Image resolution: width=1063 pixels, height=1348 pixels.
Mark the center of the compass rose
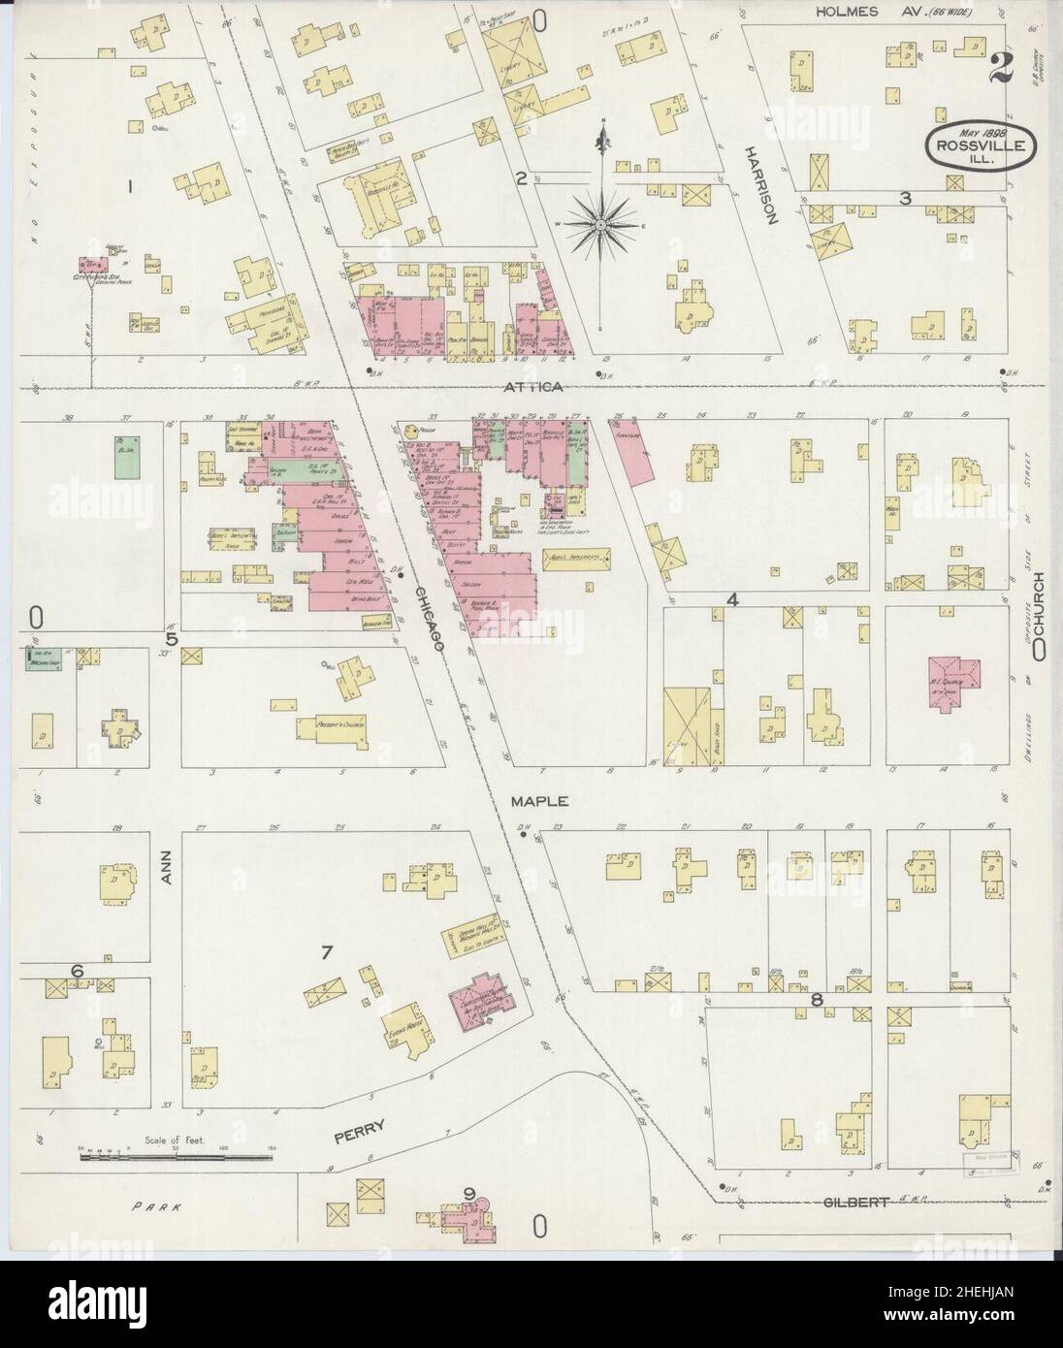[x=601, y=225]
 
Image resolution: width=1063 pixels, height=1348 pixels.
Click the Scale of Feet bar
[x=179, y=1157]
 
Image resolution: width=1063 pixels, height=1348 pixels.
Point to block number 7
[x=327, y=952]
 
